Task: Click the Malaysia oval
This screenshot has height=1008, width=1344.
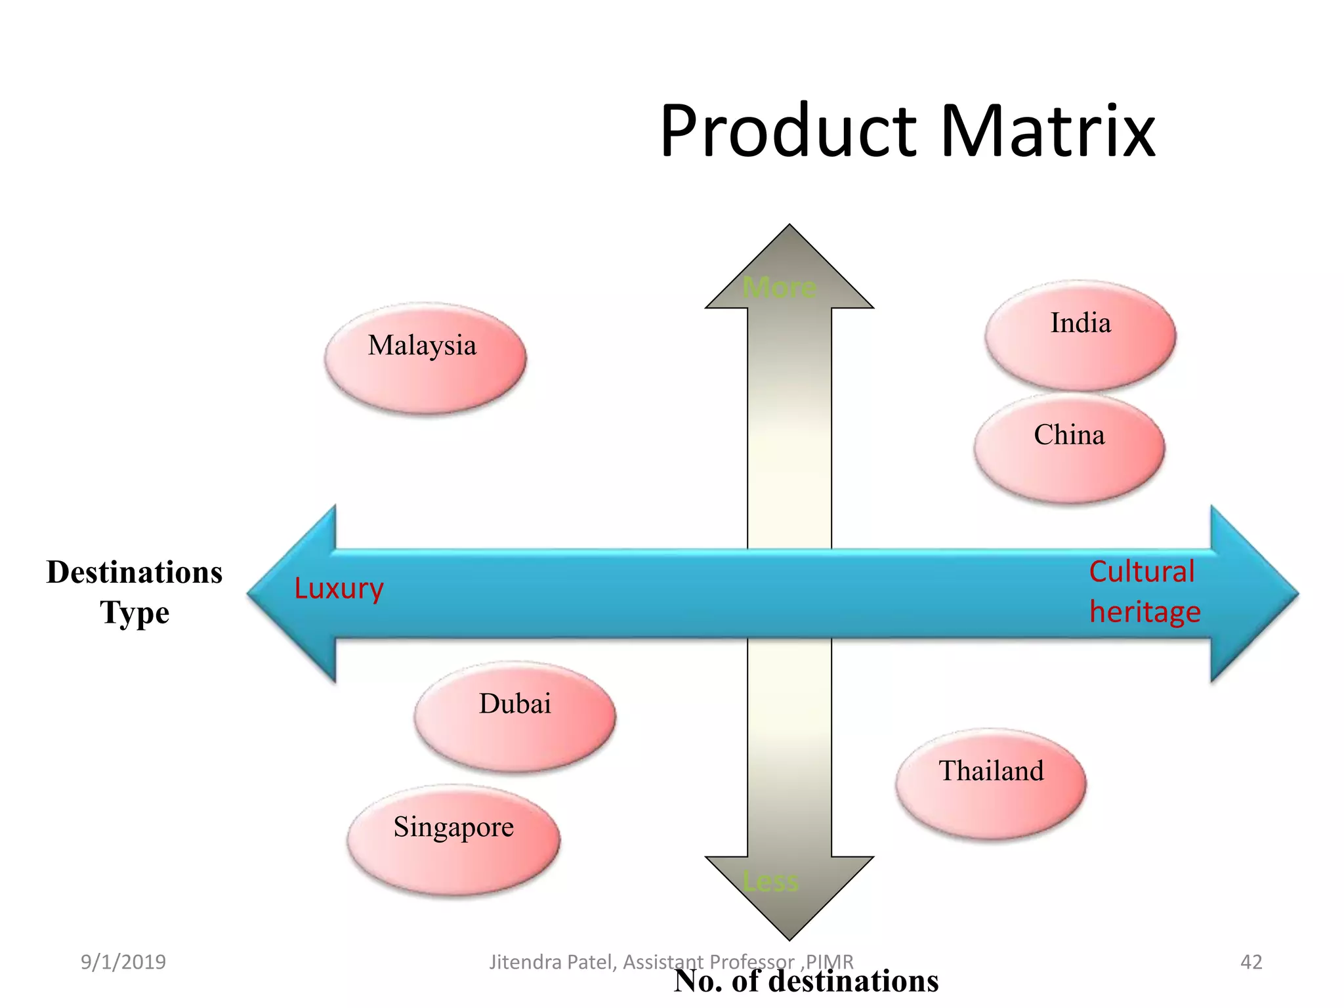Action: click(x=425, y=358)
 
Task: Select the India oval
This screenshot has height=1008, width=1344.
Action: click(x=1080, y=335)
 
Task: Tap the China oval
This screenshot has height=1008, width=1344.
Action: click(x=1069, y=448)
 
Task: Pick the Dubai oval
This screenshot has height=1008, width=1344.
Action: click(x=514, y=716)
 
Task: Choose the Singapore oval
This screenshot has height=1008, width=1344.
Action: click(x=453, y=839)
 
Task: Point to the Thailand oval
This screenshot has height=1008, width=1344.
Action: click(x=991, y=783)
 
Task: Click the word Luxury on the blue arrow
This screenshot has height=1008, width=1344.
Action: click(x=339, y=589)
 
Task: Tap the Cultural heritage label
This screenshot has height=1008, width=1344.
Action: click(x=1144, y=591)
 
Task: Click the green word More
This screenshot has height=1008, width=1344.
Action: click(x=780, y=287)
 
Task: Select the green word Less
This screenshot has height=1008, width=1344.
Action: click(x=770, y=881)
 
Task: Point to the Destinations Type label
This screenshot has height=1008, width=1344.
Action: click(x=135, y=592)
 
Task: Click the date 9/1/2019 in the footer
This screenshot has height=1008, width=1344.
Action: click(x=123, y=962)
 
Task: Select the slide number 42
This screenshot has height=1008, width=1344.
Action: click(x=1251, y=962)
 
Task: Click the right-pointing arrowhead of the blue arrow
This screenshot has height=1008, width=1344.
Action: click(x=1252, y=593)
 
